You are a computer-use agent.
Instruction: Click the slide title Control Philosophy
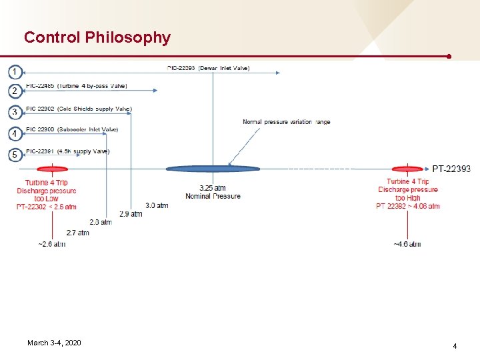pos(97,37)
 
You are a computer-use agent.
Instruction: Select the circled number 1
pos(15,71)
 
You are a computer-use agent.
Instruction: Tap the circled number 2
pos(15,91)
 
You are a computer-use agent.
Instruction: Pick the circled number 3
pos(15,112)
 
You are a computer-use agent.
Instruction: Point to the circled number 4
pos(15,134)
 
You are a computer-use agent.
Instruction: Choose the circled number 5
pos(15,155)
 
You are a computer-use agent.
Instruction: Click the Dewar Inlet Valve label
pos(217,68)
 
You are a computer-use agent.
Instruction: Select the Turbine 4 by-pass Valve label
pos(76,86)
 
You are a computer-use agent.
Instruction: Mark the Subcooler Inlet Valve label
pos(72,129)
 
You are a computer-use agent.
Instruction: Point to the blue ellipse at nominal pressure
pos(213,169)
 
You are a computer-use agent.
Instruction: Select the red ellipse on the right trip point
pos(407,169)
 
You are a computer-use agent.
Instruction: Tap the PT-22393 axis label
pos(451,169)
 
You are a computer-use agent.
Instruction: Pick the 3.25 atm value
pos(213,188)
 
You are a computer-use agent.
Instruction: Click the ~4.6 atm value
pos(407,244)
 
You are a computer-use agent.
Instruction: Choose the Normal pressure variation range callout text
pos(286,122)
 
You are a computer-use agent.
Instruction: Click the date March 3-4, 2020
pos(54,343)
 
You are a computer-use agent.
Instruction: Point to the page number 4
pos(455,346)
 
